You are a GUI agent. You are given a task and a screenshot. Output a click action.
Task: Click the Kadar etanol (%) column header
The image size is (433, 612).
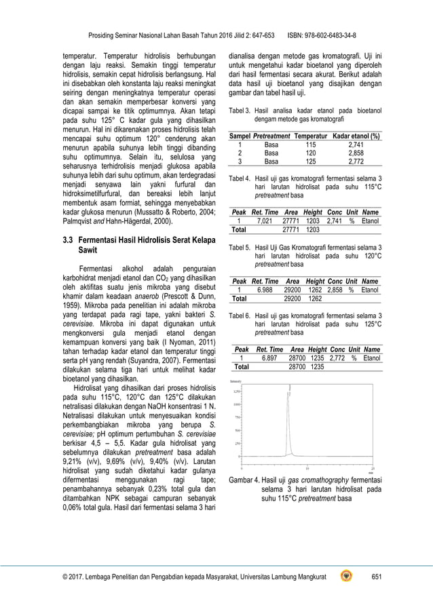pos(356,136)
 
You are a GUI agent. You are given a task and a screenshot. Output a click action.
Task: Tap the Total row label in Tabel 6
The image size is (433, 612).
pos(241,366)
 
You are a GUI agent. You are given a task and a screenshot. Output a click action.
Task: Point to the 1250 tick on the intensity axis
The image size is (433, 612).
pos(236,391)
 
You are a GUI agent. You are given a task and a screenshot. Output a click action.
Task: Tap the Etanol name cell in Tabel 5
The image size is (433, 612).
pos(370,290)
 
